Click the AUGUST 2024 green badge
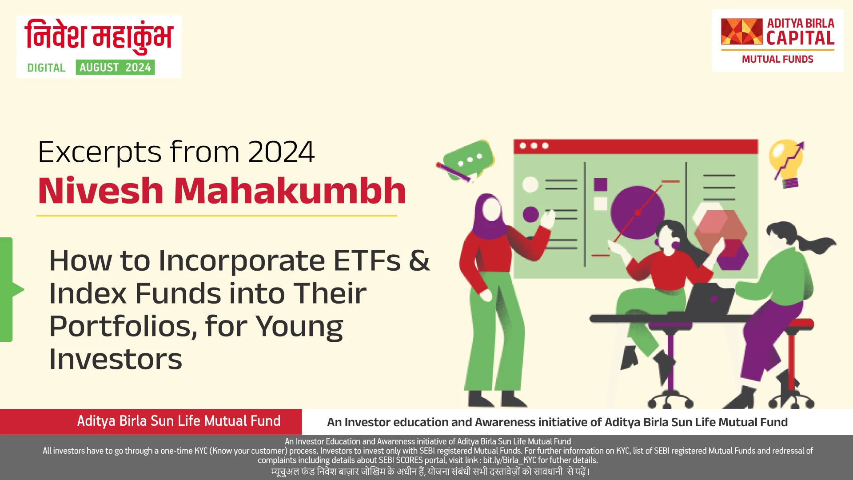(x=115, y=68)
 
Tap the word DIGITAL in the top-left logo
(x=46, y=68)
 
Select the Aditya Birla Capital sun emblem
(x=741, y=32)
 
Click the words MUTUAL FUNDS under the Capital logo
(x=777, y=60)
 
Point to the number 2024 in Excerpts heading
(x=281, y=152)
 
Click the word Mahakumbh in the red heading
(x=290, y=191)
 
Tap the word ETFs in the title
(x=367, y=260)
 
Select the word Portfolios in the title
(x=123, y=326)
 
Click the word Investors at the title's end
(x=116, y=359)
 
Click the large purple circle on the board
(x=637, y=212)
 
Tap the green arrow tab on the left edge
(x=9, y=289)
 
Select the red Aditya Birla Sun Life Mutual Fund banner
(x=151, y=421)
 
